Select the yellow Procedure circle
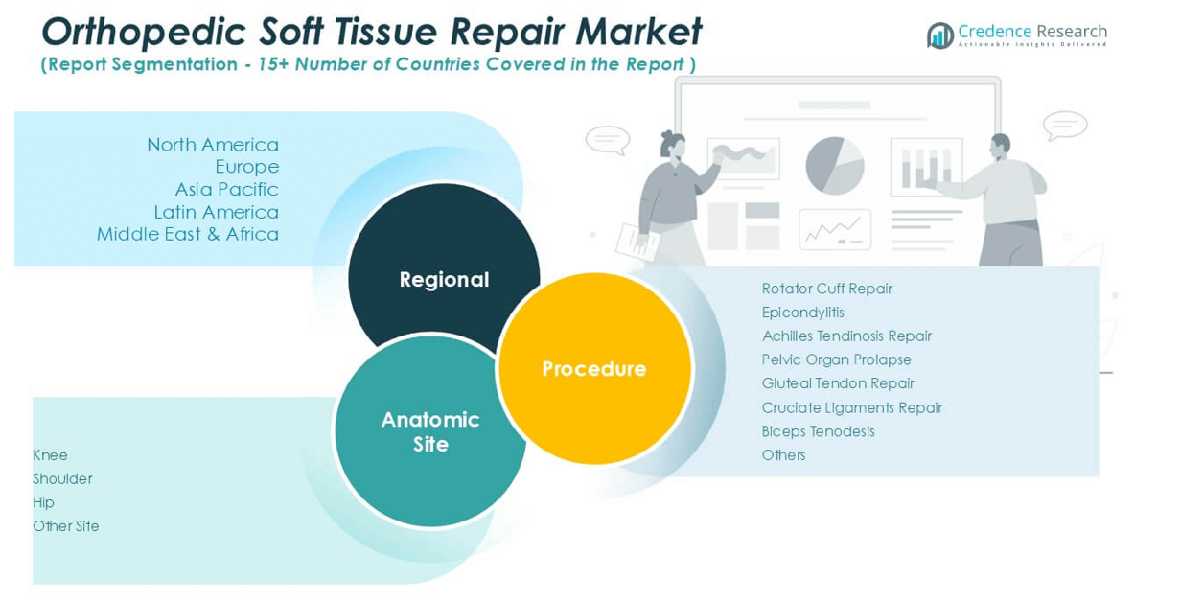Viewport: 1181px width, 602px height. point(594,368)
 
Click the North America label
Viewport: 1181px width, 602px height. point(213,145)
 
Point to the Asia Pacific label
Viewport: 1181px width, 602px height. point(226,189)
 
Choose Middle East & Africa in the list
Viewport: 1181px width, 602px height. point(188,234)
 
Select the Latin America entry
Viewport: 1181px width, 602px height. point(217,212)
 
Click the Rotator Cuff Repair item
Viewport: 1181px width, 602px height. point(826,289)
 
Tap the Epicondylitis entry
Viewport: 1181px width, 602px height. point(802,313)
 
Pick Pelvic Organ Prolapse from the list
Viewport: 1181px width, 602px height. point(836,359)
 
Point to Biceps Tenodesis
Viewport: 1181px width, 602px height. point(818,431)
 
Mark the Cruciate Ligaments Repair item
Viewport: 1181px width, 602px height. point(851,407)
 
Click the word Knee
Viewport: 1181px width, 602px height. point(50,455)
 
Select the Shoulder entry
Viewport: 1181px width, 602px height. point(62,478)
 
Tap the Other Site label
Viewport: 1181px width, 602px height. point(65,526)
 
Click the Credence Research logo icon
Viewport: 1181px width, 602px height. point(939,35)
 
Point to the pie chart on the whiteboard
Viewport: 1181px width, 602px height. point(834,165)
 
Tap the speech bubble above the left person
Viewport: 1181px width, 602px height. point(607,140)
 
